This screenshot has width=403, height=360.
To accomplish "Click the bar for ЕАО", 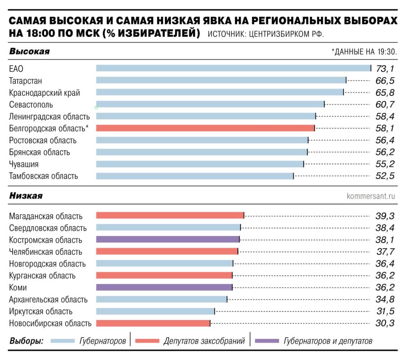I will point(233,68).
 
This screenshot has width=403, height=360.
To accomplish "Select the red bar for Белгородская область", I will point(205,128).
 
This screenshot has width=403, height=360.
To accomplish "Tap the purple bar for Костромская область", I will point(168,239).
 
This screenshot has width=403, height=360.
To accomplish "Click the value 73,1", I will point(385,68).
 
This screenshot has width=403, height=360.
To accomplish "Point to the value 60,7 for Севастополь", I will point(385,104).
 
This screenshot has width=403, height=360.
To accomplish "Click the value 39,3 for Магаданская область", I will point(385,216).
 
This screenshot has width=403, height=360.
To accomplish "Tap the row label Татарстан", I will point(26,81).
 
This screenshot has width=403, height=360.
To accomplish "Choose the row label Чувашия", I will point(24,164).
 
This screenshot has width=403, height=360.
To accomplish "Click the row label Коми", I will point(18,288).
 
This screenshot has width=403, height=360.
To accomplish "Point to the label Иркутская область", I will point(40,311).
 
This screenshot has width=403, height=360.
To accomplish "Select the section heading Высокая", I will point(29,52).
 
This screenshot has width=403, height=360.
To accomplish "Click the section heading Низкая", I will point(26,196).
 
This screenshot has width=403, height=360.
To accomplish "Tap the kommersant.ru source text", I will point(371,196).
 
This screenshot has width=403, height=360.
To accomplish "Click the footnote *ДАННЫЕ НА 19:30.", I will point(364,52).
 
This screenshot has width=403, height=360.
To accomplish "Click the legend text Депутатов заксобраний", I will point(204,341).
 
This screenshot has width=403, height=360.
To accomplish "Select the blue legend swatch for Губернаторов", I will point(63,341).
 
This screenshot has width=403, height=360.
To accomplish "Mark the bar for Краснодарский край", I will point(219,92).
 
